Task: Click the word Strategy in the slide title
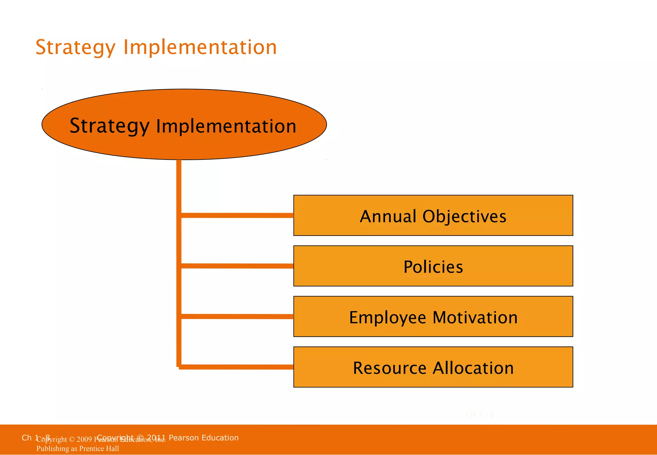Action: point(75,47)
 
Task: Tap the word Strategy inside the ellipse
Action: point(109,126)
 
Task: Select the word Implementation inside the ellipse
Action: point(226,126)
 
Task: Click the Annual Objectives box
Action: point(433,216)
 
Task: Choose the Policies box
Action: point(433,266)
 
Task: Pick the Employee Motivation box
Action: point(433,317)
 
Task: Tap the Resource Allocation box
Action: point(433,367)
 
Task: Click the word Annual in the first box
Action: point(388,216)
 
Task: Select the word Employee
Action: point(388,318)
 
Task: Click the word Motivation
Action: point(475,317)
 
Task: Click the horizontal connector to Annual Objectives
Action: point(237,215)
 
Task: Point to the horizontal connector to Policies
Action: point(237,266)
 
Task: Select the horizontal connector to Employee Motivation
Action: point(237,316)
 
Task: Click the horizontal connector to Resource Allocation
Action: point(237,367)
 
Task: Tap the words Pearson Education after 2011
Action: point(204,438)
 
